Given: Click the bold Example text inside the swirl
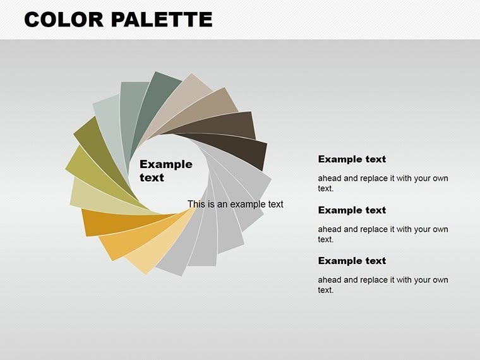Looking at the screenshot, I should [165, 171].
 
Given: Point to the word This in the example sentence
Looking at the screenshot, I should [196, 204].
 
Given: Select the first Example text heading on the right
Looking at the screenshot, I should [352, 159].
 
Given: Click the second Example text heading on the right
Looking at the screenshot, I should [352, 210].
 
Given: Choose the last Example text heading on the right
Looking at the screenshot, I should [352, 260].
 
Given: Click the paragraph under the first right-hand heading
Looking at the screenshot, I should [383, 183].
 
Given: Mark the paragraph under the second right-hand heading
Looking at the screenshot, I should [383, 234].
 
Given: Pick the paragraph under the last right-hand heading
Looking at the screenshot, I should [383, 285].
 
